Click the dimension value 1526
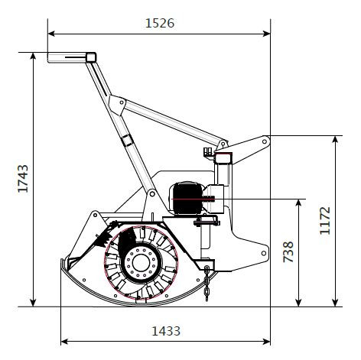[x=160, y=23]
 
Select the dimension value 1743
[x=23, y=178]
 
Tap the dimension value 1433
[x=166, y=331]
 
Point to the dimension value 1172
[x=325, y=220]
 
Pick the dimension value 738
[x=288, y=251]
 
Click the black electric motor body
[x=188, y=198]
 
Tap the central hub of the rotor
[x=141, y=263]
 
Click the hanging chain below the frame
[x=207, y=283]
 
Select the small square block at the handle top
[x=91, y=57]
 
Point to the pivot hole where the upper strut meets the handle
[x=122, y=102]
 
